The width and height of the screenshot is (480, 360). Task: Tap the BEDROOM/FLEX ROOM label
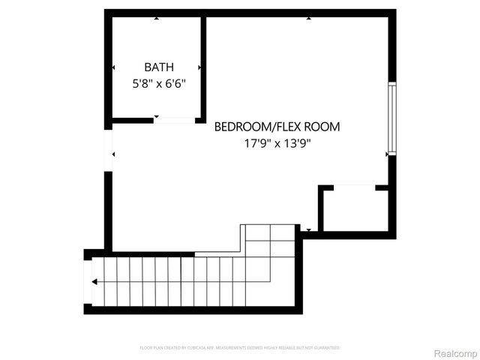click(277, 127)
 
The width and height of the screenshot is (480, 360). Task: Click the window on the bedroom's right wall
click(391, 117)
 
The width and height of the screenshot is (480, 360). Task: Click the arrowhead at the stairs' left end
click(94, 282)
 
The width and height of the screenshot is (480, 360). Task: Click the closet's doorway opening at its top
click(347, 187)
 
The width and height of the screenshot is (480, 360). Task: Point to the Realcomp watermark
click(455, 352)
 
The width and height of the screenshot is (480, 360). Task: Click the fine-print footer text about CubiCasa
click(240, 348)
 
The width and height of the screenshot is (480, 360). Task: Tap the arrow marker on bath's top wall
click(156, 17)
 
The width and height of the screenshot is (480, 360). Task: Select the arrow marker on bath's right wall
click(199, 67)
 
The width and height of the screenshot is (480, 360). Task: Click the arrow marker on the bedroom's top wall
click(308, 17)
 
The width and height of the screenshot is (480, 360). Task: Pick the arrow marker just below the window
click(387, 154)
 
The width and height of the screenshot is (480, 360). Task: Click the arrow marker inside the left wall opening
click(113, 154)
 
